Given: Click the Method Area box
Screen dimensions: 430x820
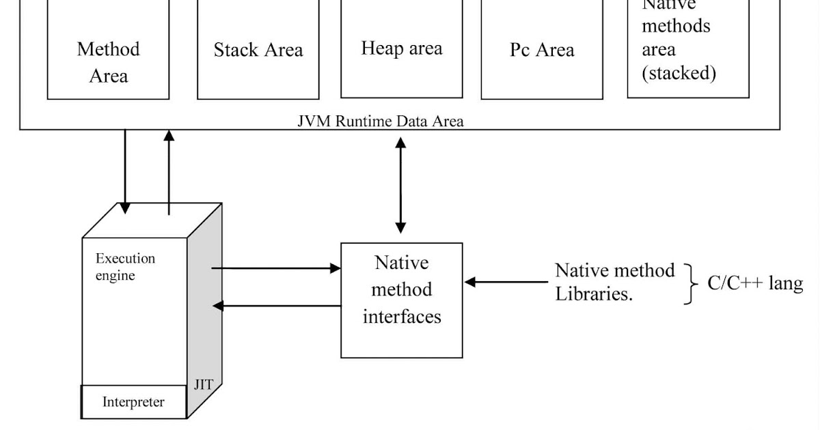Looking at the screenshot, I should tap(108, 61).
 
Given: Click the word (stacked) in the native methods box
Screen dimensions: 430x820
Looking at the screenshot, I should tap(679, 74).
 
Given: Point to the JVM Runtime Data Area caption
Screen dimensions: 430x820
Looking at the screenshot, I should tap(381, 121).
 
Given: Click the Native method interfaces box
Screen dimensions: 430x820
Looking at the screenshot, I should tap(401, 300).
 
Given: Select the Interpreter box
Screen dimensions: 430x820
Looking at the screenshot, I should tap(133, 401).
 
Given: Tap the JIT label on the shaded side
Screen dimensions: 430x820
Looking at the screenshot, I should tap(204, 384).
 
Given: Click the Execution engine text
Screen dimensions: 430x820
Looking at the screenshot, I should tap(125, 267).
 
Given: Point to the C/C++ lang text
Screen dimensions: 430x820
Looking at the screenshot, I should tap(755, 283).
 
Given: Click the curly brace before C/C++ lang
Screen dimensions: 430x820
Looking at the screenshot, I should tap(692, 283).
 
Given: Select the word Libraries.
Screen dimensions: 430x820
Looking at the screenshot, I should tap(593, 294).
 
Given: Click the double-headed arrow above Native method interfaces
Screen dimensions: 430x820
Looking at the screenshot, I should tap(400, 186).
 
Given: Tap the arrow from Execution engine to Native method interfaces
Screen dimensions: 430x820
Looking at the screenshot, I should tap(277, 268).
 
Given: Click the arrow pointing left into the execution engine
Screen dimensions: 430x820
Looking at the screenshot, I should tap(277, 306).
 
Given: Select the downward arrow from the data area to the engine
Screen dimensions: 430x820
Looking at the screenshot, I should tap(125, 171).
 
